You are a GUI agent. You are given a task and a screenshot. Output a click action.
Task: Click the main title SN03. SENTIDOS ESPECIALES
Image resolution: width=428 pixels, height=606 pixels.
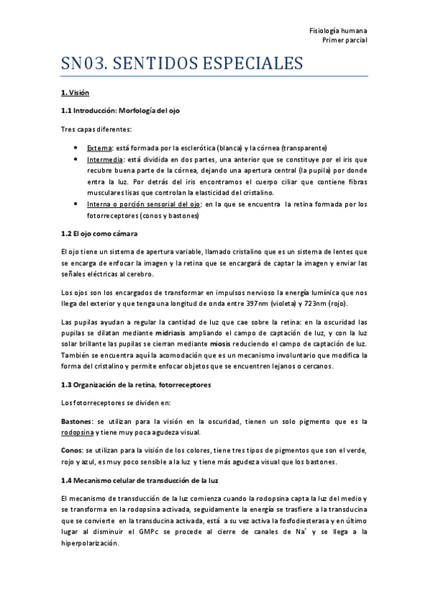181,64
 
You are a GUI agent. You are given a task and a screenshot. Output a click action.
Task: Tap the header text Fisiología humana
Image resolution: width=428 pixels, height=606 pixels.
339,31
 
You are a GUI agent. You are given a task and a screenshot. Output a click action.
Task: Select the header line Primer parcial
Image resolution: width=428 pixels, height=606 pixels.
345,41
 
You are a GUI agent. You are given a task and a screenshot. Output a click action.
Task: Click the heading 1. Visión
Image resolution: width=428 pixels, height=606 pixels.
75,93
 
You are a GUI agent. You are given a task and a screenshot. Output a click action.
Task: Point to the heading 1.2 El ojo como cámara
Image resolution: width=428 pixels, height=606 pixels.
99,234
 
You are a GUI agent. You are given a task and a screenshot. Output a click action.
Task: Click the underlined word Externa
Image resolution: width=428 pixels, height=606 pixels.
99,147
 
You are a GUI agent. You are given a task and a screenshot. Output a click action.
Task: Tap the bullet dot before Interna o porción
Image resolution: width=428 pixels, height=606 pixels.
76,204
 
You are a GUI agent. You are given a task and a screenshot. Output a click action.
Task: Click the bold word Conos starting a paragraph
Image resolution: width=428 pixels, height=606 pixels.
71,452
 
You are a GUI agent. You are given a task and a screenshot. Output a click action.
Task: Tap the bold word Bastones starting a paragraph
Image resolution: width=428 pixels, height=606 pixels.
77,422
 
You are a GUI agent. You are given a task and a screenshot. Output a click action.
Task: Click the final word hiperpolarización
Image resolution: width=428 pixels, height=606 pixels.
91,542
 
